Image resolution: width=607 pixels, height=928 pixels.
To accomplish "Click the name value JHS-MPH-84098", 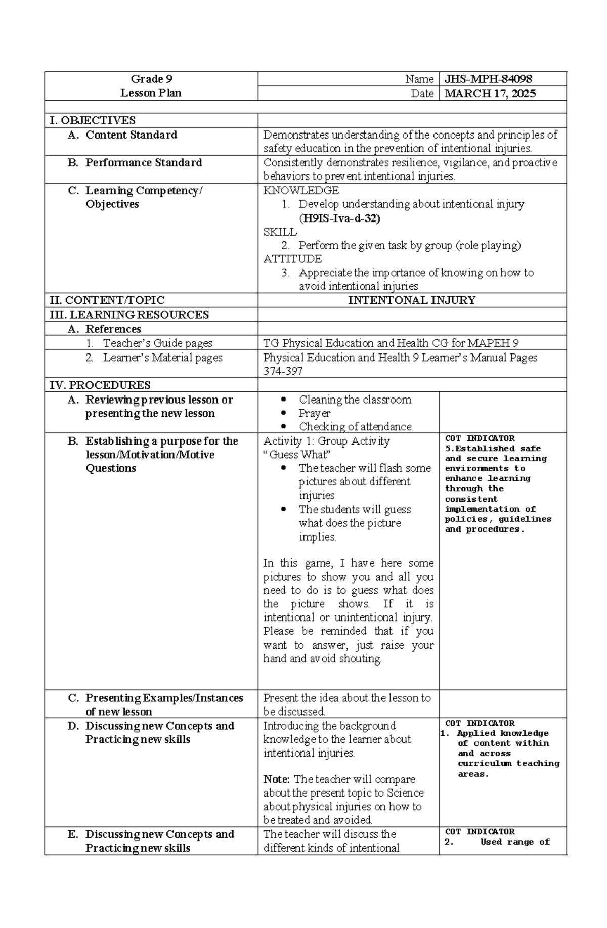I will pos(488,79).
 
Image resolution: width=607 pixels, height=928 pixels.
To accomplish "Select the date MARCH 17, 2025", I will pos(490,93).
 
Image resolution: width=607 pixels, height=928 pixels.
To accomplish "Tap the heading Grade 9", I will pos(151,79).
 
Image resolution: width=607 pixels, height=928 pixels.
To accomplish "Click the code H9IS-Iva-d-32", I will pos(339,218).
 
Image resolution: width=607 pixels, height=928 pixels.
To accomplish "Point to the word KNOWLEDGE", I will pos(301,191).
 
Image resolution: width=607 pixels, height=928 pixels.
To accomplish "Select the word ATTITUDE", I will pos(292,259).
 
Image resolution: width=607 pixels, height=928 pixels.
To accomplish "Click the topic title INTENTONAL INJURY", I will pos(411,300).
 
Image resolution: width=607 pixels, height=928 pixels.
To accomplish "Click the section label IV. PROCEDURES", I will pos(100,385).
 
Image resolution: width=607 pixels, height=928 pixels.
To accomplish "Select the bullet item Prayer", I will pos(314,413).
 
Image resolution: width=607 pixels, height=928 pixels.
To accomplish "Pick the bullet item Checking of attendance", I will pos(355,427).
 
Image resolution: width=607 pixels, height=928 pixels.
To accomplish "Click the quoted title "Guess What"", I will pos(297,455).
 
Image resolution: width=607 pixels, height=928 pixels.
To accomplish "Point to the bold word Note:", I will pos(277,779).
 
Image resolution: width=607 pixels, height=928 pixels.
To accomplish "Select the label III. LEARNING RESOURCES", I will pos(129,315).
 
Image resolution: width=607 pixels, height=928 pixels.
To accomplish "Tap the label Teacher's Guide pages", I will pos(157,343).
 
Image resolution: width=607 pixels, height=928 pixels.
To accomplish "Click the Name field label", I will pos(419,79).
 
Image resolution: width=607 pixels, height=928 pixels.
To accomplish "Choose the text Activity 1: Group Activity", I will pos(326,441).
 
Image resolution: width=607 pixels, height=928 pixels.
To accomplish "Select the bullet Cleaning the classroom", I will pos(355,400).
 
